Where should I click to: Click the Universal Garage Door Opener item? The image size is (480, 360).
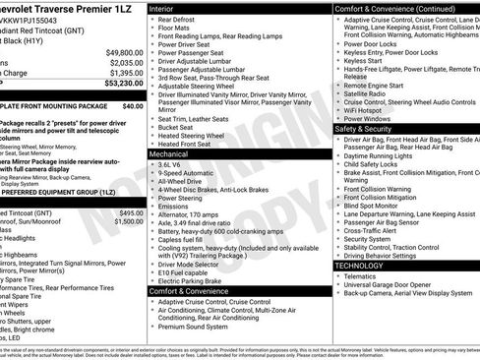tap(393, 285)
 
